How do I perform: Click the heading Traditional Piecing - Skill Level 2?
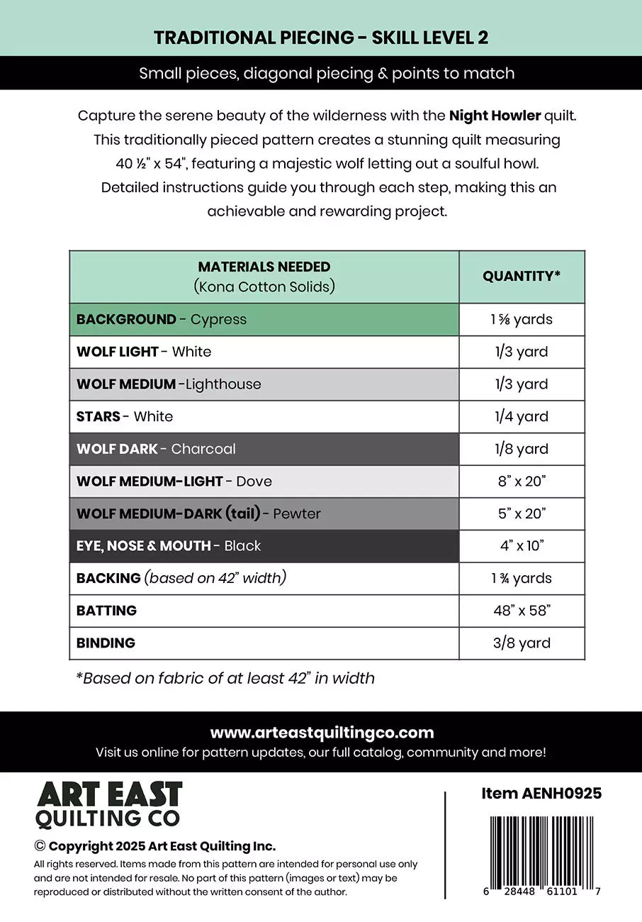(321, 38)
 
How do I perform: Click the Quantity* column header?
(522, 277)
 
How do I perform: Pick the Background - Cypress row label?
(162, 319)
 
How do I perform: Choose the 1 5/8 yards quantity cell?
(522, 319)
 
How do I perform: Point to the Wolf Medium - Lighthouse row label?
(169, 384)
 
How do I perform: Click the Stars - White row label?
(125, 416)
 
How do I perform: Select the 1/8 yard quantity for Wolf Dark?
(522, 449)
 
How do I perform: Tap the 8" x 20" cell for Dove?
(522, 482)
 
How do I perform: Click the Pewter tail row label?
(198, 513)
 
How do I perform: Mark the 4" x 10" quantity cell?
(522, 546)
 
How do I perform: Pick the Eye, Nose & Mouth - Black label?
(169, 546)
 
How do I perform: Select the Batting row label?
(106, 611)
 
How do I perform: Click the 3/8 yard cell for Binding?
(522, 643)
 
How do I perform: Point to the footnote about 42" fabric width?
(225, 679)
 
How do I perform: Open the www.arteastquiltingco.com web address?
(322, 733)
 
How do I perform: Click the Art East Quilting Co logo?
(109, 804)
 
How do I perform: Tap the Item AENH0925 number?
(541, 794)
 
